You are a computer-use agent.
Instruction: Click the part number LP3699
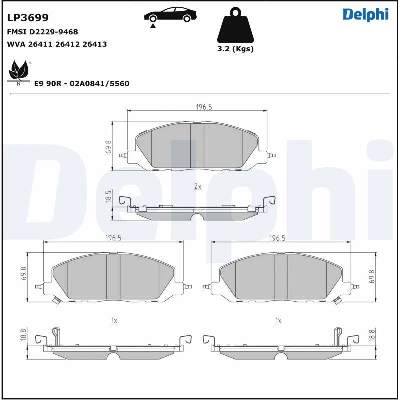click(28, 18)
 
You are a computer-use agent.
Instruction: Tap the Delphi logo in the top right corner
click(365, 14)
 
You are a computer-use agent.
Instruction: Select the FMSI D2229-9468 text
click(42, 31)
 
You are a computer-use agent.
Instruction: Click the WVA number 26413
click(95, 44)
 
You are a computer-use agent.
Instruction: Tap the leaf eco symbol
click(18, 71)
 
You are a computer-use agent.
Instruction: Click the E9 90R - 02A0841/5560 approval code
click(81, 83)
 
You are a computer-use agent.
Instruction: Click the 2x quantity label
click(197, 186)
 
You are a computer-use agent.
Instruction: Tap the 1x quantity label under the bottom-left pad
click(114, 320)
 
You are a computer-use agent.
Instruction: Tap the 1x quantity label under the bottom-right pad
click(278, 320)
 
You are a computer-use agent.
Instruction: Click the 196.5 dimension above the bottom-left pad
click(113, 238)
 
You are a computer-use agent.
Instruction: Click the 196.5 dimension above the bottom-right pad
click(277, 238)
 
